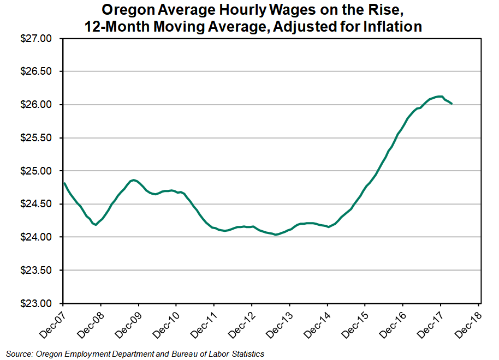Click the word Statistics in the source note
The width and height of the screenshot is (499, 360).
(x=246, y=354)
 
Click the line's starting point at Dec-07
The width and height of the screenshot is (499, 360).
(x=64, y=183)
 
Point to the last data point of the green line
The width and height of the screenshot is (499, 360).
(x=452, y=104)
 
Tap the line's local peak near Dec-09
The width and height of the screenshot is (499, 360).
(x=134, y=179)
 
